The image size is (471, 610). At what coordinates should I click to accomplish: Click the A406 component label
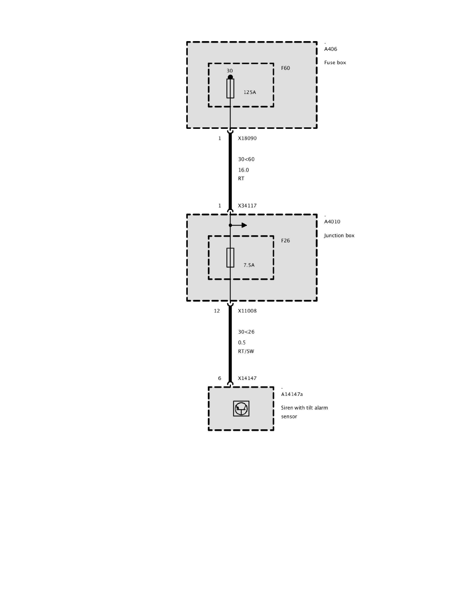[x=330, y=49]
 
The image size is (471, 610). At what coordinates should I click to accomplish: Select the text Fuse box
[x=335, y=63]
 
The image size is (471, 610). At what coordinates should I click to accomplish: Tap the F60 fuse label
[x=285, y=68]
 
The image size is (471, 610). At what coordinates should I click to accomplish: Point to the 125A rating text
[x=249, y=93]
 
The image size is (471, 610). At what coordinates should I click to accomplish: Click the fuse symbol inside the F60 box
[x=230, y=89]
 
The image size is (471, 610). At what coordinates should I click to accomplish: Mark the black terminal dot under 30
[x=230, y=77]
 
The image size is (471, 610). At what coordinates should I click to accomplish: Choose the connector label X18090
[x=247, y=138]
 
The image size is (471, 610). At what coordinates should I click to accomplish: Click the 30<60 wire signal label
[x=246, y=159]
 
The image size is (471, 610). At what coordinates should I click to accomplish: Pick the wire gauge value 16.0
[x=243, y=170]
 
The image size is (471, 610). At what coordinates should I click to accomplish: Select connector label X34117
[x=247, y=206]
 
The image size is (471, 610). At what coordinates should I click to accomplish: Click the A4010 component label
[x=332, y=222]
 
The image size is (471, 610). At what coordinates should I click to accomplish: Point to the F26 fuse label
[x=285, y=240]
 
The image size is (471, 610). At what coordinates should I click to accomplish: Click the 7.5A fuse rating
[x=249, y=265]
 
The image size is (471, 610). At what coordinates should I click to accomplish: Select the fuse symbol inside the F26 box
[x=230, y=257]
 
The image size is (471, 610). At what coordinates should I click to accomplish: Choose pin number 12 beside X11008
[x=217, y=311]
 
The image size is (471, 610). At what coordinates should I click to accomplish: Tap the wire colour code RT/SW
[x=246, y=352]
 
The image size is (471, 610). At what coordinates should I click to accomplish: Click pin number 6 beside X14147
[x=220, y=378]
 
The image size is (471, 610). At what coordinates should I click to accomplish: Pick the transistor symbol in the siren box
[x=241, y=409]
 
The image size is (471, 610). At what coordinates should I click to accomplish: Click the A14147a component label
[x=292, y=394]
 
